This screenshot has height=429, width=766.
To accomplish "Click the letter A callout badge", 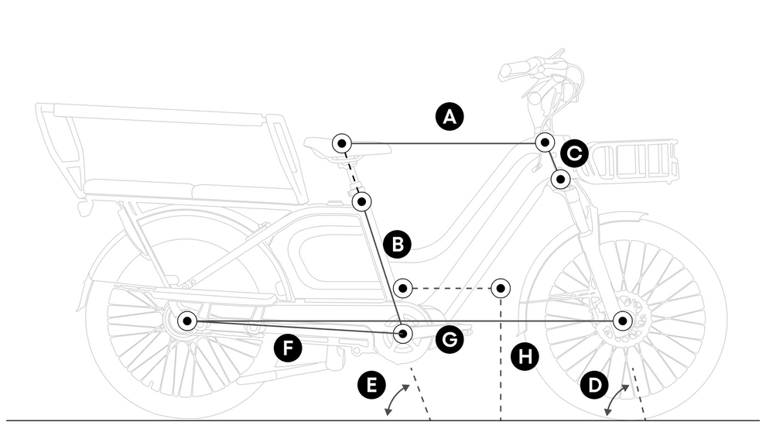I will tap(450, 117).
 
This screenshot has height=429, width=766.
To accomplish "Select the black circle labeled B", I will tap(398, 245).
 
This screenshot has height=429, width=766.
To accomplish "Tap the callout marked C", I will tap(574, 154).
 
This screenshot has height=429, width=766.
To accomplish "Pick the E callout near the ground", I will tap(372, 385).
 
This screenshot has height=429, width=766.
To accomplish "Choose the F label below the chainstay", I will tap(288, 348).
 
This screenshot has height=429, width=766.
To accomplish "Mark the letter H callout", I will tap(525, 357).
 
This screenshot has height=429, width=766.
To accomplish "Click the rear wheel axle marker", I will tap(187, 320).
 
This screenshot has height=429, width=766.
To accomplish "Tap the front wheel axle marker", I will tap(623, 320).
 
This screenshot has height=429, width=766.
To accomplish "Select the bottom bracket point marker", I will tap(403, 334).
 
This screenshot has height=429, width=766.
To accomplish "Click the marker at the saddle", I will tap(342, 143).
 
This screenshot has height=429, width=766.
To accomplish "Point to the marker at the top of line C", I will tap(545, 142).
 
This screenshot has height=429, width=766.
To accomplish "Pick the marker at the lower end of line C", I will tap(561, 180).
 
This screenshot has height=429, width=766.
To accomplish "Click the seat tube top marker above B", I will tap(362, 202).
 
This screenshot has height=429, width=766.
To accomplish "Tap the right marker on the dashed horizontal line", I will tap(501, 289).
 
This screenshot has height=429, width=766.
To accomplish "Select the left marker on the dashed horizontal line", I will tap(402, 289).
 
